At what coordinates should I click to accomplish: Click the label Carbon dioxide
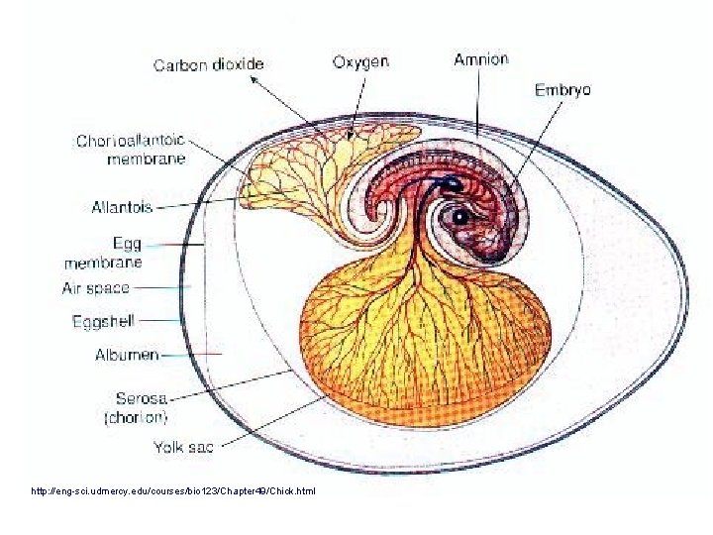(x=208, y=64)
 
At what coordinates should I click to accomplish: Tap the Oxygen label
(x=360, y=61)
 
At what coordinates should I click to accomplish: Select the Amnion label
(x=480, y=58)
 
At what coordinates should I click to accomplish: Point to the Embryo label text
(x=562, y=89)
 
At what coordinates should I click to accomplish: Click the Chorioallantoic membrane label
(x=131, y=149)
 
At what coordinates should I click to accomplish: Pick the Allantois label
(x=122, y=207)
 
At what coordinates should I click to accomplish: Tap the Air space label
(x=96, y=288)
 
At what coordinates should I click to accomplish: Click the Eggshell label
(x=103, y=321)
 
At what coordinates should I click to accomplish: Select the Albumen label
(x=127, y=354)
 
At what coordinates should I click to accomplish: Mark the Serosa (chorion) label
(x=137, y=407)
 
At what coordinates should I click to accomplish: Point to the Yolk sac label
(x=184, y=448)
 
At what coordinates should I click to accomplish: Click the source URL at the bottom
(x=173, y=491)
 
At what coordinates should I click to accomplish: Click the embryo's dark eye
(x=459, y=216)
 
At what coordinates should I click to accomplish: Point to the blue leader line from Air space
(x=163, y=288)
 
